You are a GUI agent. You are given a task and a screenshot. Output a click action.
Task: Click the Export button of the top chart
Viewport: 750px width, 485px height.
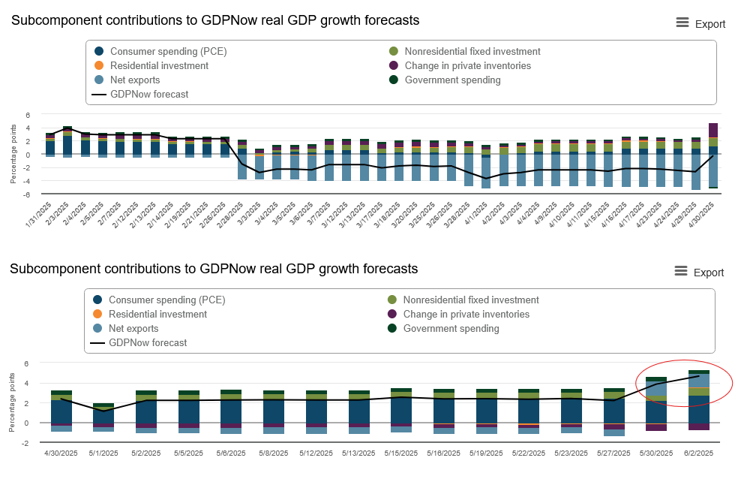701,23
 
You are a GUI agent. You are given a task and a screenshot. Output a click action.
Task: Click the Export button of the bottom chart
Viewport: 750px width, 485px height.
700,272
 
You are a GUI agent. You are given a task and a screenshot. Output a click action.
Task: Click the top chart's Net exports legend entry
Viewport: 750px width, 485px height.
134,80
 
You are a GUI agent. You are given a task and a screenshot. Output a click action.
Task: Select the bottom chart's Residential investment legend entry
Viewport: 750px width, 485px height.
157,314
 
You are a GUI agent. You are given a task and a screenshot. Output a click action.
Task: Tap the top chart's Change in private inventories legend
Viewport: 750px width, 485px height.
467,65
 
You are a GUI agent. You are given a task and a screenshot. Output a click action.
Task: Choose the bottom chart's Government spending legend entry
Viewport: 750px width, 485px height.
451,328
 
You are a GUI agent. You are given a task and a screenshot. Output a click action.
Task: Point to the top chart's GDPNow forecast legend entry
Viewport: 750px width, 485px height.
148,94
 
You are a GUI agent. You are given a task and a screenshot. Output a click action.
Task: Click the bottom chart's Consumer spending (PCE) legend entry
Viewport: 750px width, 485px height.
166,300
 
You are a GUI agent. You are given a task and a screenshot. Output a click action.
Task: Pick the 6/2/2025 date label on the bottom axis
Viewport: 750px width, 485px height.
698,453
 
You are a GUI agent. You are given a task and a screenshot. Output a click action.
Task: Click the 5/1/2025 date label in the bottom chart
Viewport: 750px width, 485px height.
103,453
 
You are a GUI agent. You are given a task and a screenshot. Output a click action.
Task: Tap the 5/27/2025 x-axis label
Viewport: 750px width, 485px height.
613,453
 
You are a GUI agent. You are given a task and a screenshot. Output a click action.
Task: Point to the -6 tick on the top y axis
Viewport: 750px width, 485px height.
28,194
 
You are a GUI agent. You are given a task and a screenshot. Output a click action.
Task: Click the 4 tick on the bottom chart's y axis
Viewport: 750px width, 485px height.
27,383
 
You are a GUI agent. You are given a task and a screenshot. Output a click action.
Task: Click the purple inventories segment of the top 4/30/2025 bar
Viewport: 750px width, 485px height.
713,130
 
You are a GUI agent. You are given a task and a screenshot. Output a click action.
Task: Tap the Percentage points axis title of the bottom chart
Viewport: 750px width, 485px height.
13,402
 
